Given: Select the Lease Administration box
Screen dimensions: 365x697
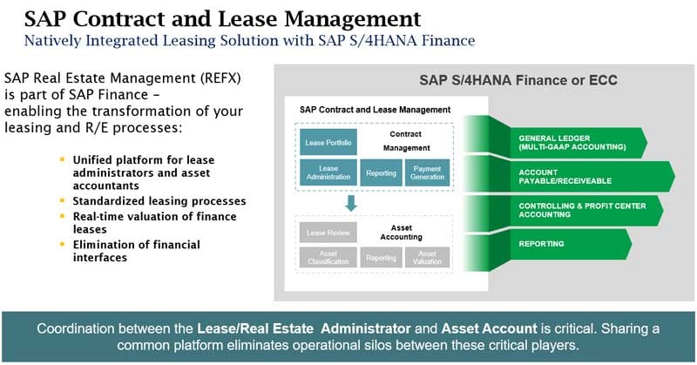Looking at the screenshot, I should (328, 172).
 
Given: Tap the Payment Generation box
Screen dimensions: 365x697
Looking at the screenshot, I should (428, 172).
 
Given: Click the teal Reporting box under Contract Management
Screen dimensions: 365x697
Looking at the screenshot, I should (381, 172).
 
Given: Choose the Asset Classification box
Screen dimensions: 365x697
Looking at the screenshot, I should (328, 258).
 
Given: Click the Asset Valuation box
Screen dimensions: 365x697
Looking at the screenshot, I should (428, 258).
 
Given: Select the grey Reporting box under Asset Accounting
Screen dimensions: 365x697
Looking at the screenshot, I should (381, 258).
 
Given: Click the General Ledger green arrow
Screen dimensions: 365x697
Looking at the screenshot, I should (575, 142).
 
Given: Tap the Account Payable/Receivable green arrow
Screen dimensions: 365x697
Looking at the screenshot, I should (584, 176).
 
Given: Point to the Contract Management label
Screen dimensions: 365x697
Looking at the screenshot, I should (406, 142).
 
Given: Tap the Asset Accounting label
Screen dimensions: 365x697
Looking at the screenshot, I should (406, 231).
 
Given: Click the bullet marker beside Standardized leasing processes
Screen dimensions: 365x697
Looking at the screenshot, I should (62, 200).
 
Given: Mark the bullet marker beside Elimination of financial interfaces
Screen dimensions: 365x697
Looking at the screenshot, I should (62, 244).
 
